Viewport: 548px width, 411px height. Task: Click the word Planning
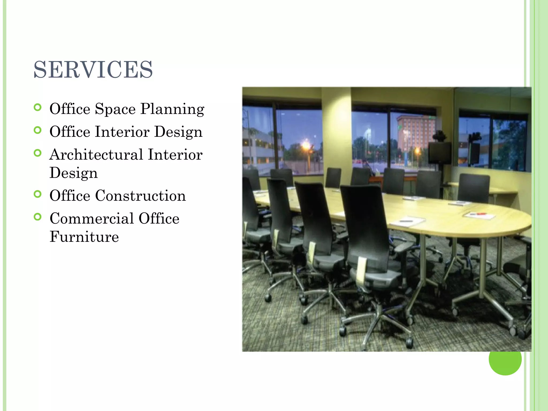(172, 109)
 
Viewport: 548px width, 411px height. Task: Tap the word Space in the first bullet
(115, 109)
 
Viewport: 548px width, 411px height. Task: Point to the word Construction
(140, 196)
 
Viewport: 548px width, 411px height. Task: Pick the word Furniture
(84, 237)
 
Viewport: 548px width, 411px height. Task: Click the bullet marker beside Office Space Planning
(38, 108)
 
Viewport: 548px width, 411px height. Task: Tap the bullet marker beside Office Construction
(38, 194)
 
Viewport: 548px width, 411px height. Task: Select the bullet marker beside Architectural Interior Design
(38, 153)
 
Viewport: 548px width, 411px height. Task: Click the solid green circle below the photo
(505, 359)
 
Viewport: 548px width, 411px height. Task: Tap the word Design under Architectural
(74, 173)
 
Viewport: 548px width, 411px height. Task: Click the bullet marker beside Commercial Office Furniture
(38, 217)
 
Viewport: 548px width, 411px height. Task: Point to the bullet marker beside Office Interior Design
(38, 130)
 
